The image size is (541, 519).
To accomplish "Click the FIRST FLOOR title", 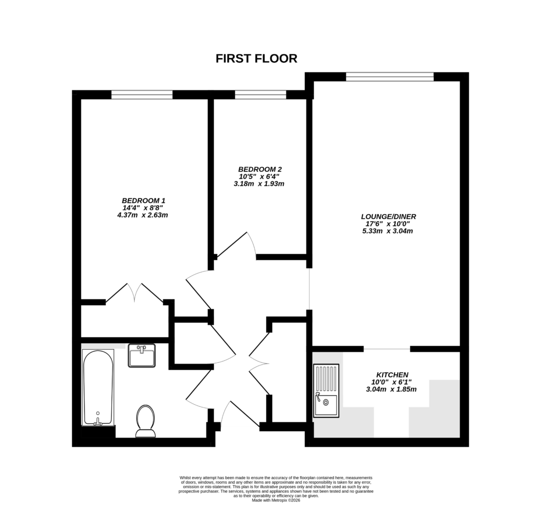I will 256,59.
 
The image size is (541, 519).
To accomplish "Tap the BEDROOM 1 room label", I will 144,201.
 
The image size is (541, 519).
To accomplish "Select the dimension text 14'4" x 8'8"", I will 144,208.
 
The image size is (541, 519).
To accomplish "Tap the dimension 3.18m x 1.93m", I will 259,184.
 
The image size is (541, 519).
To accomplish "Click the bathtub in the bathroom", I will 98,387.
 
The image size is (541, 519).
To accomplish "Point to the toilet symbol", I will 145,421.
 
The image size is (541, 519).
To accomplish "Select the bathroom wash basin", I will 142,356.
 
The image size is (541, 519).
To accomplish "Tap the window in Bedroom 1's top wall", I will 142,95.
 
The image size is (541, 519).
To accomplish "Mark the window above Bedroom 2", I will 260,95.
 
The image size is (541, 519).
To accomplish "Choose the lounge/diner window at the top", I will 390,77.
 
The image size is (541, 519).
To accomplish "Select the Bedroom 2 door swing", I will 238,244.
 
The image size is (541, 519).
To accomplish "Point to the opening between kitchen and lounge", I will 387,349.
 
